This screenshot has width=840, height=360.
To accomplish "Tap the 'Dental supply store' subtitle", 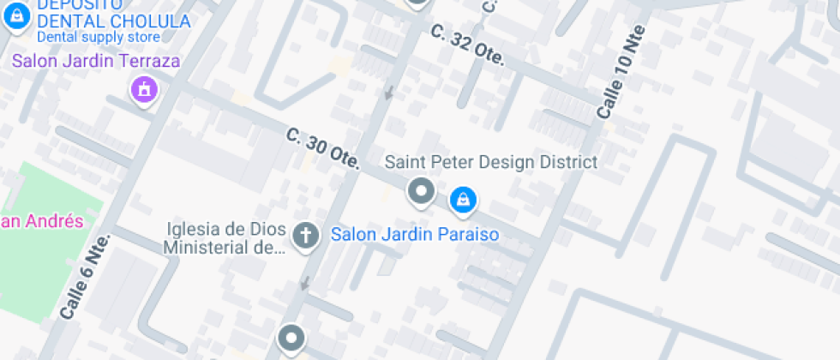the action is tap(98, 37).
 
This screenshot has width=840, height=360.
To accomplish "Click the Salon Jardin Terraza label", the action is tap(96, 61).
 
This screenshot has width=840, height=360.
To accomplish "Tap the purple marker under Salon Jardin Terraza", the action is tap(144, 89).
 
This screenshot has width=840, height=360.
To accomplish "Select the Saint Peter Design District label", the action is tap(491, 162).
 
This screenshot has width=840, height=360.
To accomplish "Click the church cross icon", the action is tap(304, 235).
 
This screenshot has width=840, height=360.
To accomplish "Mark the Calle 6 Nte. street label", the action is tap(85, 277).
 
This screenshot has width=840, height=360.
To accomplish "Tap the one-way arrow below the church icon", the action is tap(303, 283).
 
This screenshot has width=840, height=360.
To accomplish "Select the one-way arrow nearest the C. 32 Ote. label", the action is tap(390, 91).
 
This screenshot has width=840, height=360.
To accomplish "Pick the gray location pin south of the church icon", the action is tap(291, 338).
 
